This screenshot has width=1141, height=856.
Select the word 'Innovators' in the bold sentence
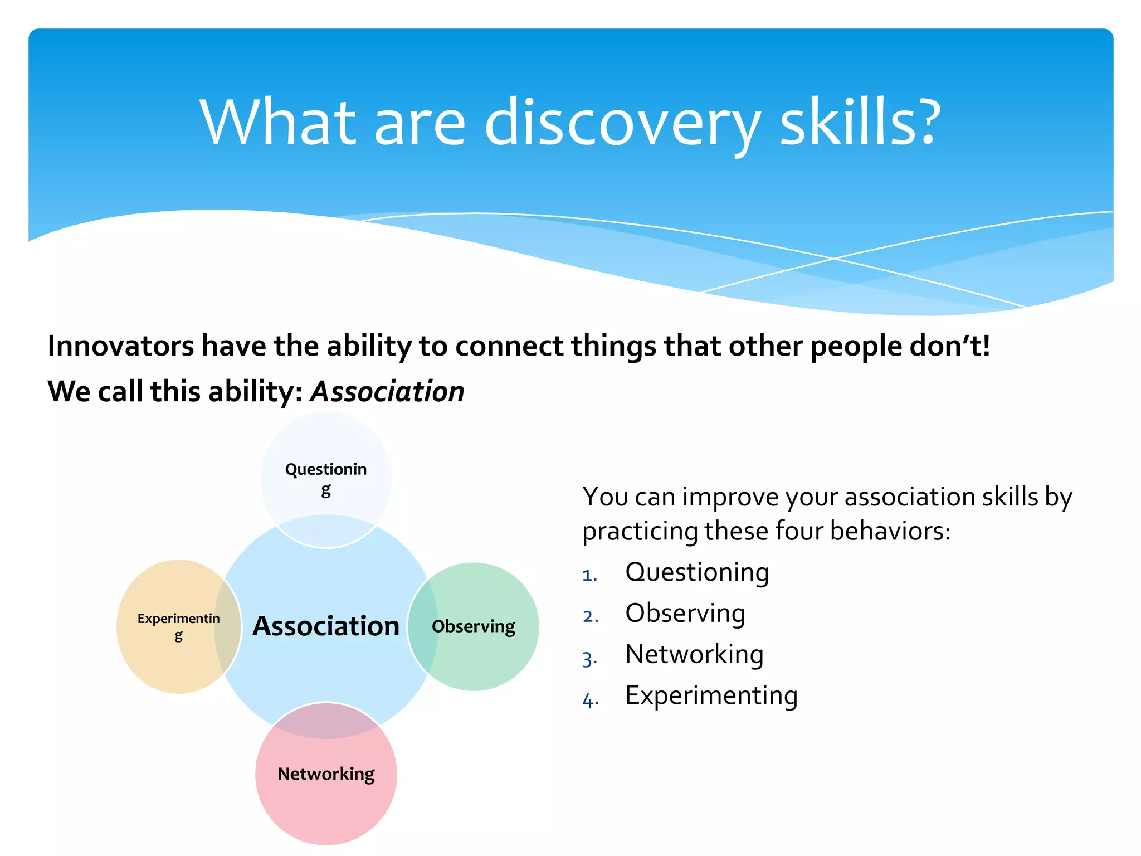click(121, 346)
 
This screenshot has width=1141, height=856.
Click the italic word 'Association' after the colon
click(387, 391)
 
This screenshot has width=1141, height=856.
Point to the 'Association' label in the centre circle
click(326, 626)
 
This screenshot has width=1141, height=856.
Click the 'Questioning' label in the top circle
click(326, 478)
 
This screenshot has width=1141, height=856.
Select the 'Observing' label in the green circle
click(474, 626)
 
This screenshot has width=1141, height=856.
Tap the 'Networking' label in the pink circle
click(326, 774)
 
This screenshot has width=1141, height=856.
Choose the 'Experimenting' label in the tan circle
click(179, 626)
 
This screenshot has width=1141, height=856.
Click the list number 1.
click(589, 575)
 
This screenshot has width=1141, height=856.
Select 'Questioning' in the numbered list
click(697, 573)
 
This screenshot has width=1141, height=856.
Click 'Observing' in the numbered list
click(685, 614)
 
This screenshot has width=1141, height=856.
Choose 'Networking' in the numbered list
click(694, 655)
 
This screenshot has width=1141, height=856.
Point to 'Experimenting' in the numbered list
click(711, 696)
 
